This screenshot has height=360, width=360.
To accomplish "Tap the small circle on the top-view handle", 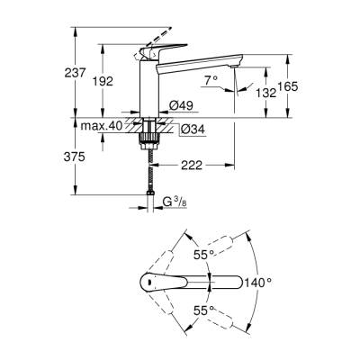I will click(x=147, y=282).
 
